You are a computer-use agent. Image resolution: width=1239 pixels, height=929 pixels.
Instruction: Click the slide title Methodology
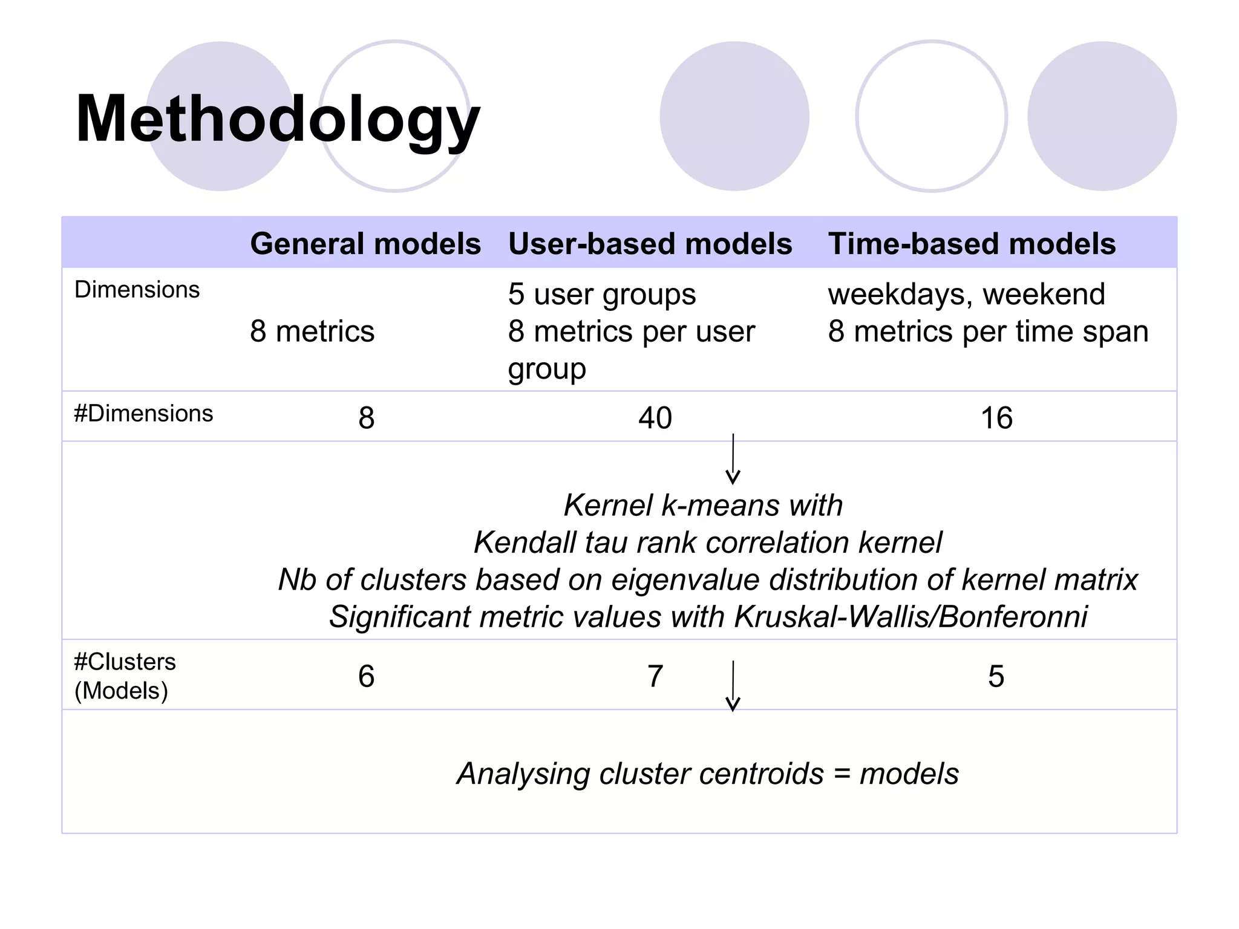277,119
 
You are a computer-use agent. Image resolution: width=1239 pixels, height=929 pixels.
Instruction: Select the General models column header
365,244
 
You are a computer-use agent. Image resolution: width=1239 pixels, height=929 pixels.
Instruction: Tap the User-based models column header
650,244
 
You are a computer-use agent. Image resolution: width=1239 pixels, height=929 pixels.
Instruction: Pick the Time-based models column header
972,244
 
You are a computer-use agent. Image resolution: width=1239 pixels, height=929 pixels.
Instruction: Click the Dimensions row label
137,290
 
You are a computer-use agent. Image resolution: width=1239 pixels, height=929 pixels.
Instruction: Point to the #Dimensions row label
143,414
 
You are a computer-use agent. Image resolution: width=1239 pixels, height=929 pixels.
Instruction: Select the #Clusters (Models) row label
125,676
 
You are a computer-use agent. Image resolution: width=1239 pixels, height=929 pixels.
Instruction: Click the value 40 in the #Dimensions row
655,418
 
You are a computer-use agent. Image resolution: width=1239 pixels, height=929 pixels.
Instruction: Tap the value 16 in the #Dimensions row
996,418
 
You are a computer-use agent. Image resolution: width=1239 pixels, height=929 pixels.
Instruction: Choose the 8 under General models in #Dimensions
366,418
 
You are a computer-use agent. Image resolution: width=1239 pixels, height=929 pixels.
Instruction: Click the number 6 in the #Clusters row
366,676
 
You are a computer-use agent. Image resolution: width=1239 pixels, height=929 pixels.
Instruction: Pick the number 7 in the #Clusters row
655,676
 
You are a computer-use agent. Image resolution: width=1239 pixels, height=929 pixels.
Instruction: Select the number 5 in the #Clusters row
996,676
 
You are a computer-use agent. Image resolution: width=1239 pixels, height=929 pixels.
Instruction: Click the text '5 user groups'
602,295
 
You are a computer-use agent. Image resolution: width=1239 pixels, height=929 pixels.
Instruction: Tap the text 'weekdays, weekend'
966,295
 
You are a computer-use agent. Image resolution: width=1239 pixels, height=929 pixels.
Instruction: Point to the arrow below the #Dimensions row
733,459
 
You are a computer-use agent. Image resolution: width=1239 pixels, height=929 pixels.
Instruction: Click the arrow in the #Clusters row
733,686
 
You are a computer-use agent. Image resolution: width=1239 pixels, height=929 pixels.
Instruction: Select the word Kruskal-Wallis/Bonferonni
910,617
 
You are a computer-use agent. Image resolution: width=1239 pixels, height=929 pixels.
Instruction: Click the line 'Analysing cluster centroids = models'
707,774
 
